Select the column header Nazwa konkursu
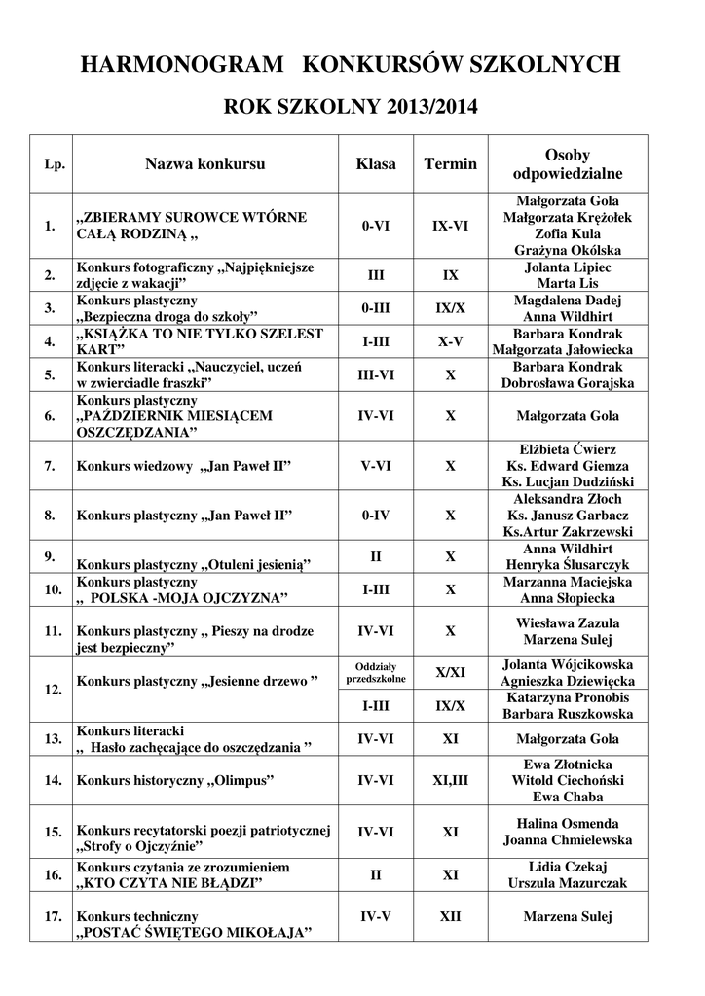(x=204, y=164)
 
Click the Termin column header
(x=450, y=164)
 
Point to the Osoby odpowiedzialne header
(x=567, y=164)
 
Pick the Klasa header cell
(x=376, y=164)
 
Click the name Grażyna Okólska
(x=567, y=250)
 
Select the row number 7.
(x=49, y=466)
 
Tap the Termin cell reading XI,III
(x=450, y=780)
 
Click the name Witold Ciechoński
(x=567, y=780)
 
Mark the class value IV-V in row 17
(x=376, y=916)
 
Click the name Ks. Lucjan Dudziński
(x=567, y=482)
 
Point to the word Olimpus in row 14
(x=240, y=780)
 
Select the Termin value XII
(x=450, y=916)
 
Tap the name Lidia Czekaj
(x=567, y=867)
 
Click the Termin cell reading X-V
(x=450, y=341)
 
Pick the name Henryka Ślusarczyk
(x=567, y=565)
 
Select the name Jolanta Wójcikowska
(x=567, y=664)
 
